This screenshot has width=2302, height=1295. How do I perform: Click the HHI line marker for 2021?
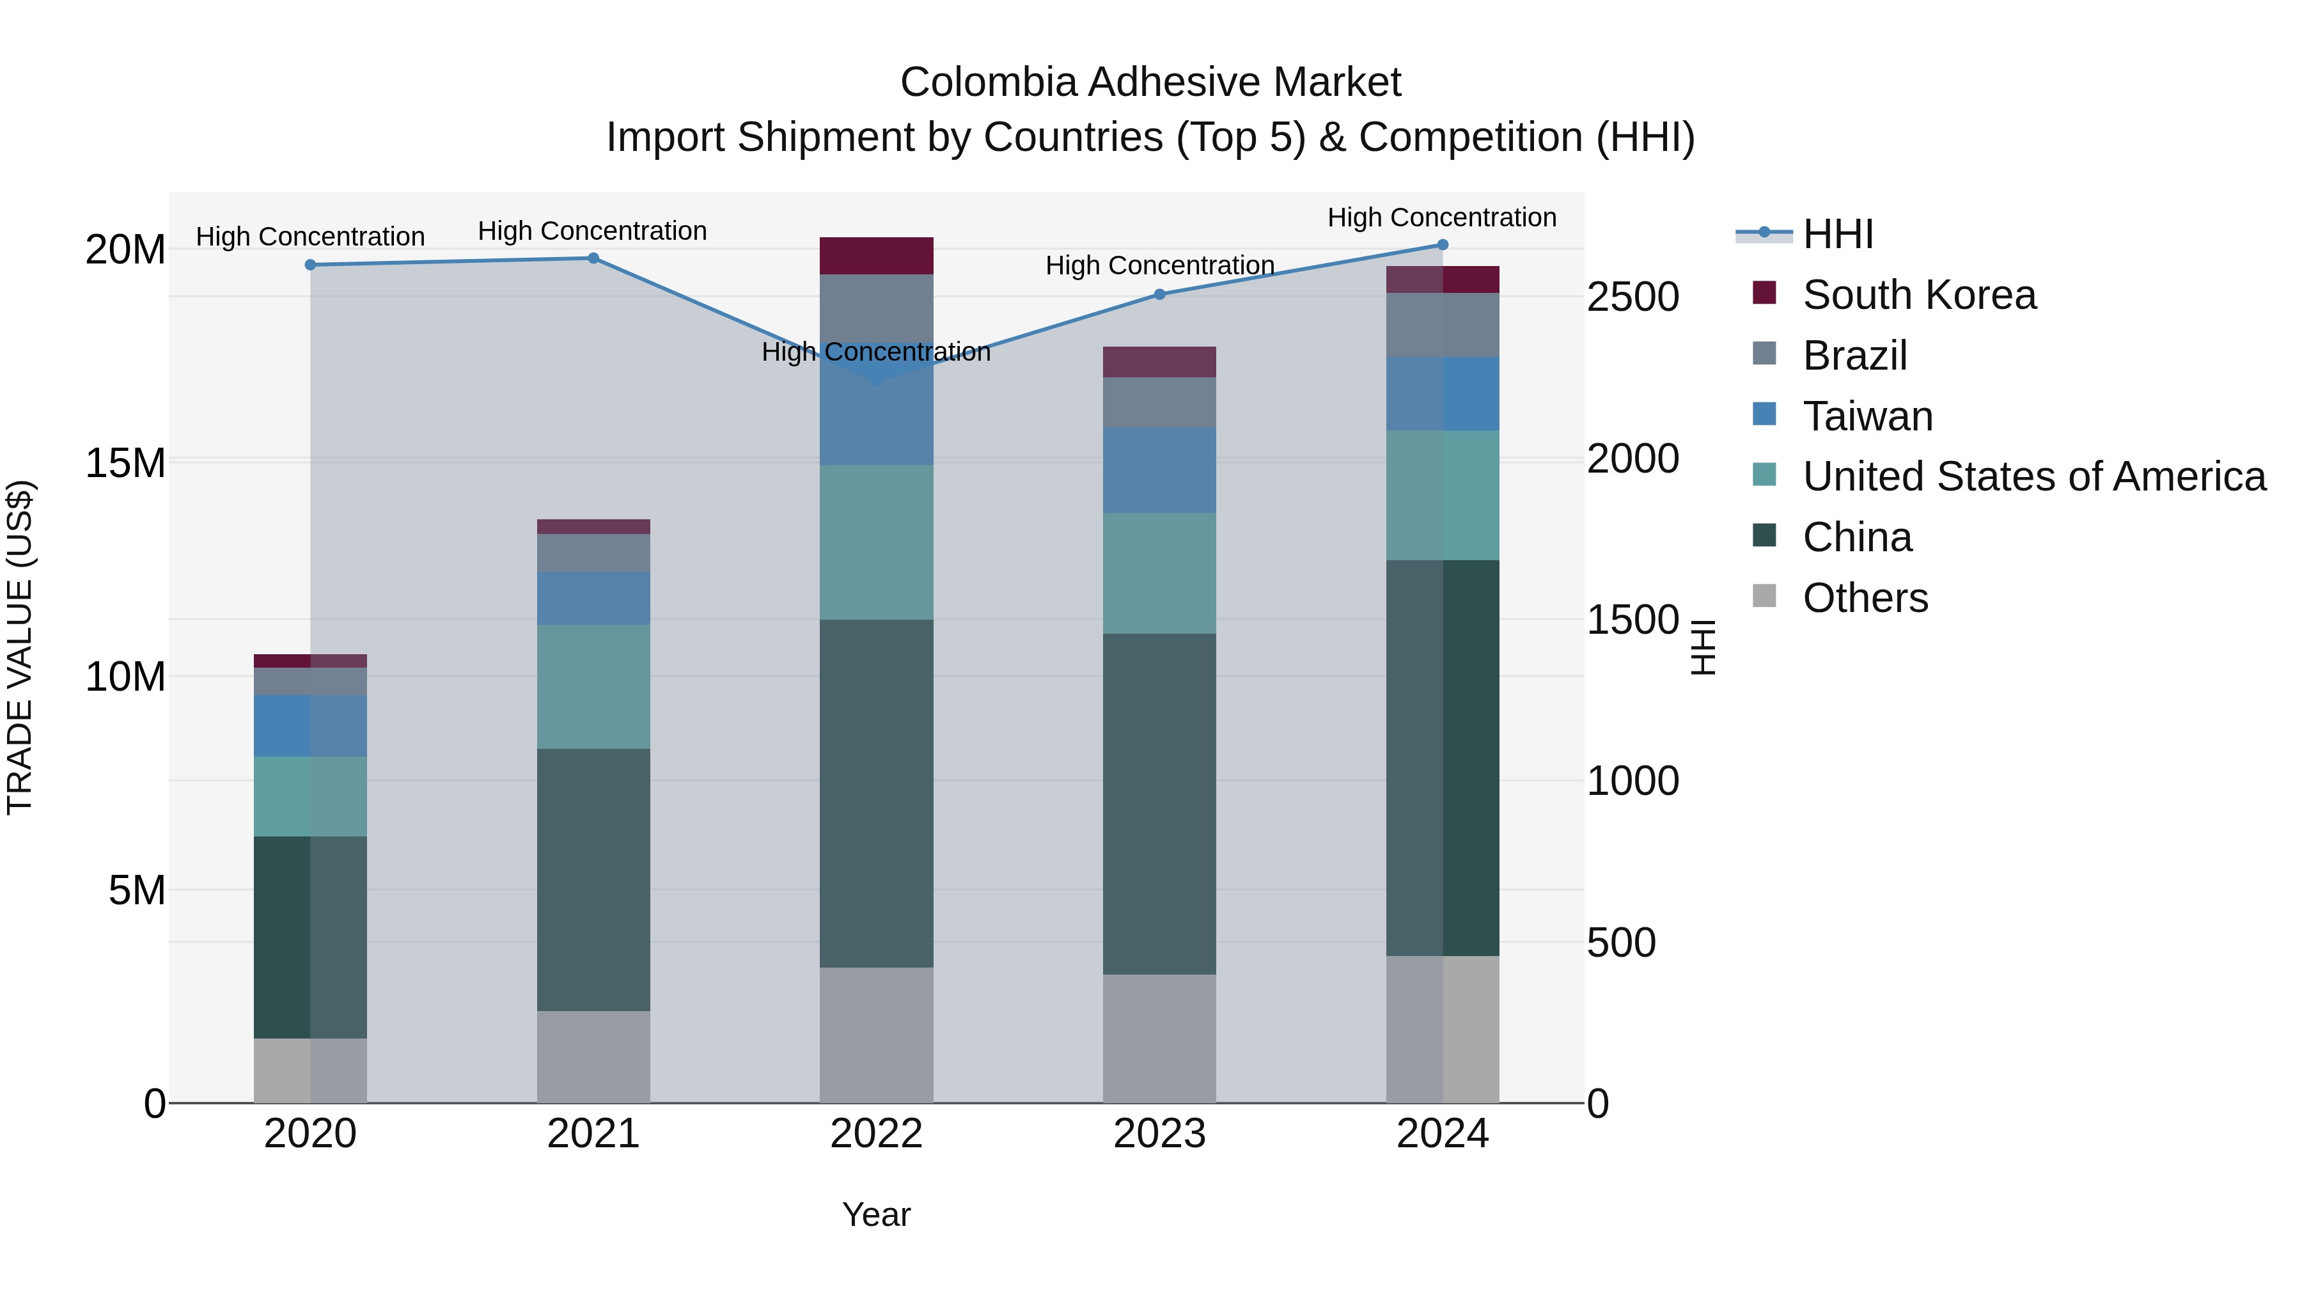click(593, 258)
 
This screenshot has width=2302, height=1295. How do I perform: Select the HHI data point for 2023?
click(1159, 294)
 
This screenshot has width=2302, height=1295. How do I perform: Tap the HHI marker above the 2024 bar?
click(1443, 245)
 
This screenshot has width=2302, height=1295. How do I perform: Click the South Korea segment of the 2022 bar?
click(876, 256)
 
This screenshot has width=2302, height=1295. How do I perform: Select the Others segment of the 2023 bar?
click(1159, 1039)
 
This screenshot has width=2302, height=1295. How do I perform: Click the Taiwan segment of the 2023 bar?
click(1159, 469)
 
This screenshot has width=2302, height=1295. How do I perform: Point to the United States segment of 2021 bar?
click(593, 686)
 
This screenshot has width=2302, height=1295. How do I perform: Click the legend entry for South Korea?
click(1918, 295)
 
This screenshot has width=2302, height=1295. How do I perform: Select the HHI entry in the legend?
click(1837, 234)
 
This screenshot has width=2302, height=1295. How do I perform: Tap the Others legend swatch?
click(1764, 596)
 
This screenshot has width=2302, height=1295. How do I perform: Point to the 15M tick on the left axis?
click(125, 463)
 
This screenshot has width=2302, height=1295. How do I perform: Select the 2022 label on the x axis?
click(876, 1134)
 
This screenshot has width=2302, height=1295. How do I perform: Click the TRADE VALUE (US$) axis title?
click(20, 647)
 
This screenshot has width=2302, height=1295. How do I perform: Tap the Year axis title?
click(876, 1214)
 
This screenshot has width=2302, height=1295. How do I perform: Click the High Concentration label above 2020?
click(310, 237)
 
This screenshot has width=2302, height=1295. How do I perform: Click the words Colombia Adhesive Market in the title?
click(1150, 82)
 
